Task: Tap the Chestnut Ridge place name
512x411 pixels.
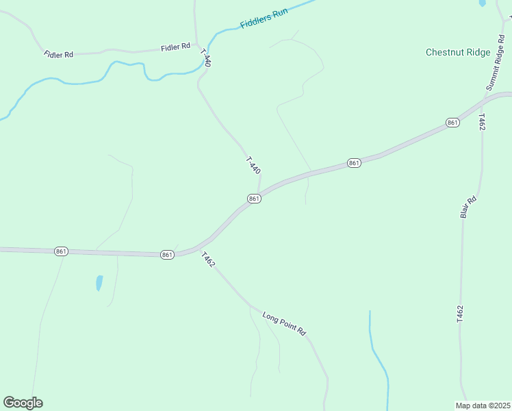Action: click(x=457, y=52)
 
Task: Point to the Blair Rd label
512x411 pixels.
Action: click(x=468, y=208)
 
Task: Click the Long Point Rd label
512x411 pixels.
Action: click(x=284, y=323)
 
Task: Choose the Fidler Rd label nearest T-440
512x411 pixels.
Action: click(x=175, y=47)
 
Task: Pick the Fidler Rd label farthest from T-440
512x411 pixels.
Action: click(x=58, y=54)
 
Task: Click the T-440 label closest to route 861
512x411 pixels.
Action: click(x=253, y=166)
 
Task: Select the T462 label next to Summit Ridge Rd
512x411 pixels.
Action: click(x=482, y=123)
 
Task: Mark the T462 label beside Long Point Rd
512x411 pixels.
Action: click(x=208, y=260)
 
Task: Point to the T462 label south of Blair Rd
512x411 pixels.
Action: click(x=460, y=314)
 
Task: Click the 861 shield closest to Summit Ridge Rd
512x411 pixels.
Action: click(x=452, y=122)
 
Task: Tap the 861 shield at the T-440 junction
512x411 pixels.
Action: click(x=254, y=199)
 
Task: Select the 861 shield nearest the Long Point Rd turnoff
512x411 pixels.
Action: click(x=168, y=255)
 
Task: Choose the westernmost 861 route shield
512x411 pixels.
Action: click(x=61, y=252)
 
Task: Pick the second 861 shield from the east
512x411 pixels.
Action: click(x=353, y=163)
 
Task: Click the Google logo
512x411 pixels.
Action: click(x=23, y=403)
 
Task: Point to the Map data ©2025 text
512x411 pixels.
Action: click(x=483, y=405)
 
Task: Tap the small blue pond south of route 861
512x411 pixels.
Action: click(x=99, y=282)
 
